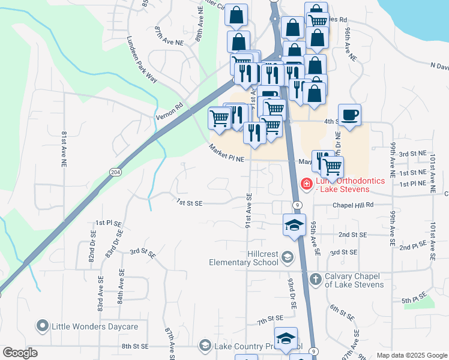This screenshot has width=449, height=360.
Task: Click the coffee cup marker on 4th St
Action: point(349,115)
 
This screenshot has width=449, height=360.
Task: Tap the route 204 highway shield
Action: point(115,172)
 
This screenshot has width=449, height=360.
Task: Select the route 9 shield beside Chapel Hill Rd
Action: point(297,205)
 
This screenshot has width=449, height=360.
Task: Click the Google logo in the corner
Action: point(20,353)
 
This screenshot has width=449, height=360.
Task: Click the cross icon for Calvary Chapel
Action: point(316,278)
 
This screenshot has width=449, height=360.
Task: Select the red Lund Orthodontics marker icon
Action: point(306,184)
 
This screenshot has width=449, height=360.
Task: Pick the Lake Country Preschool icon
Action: point(205,346)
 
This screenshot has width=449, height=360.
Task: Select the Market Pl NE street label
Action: point(228,154)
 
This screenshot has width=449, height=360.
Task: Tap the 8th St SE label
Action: point(134,346)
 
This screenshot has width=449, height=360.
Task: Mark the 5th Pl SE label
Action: point(414,297)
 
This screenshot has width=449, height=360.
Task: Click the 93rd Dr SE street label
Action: point(292,293)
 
